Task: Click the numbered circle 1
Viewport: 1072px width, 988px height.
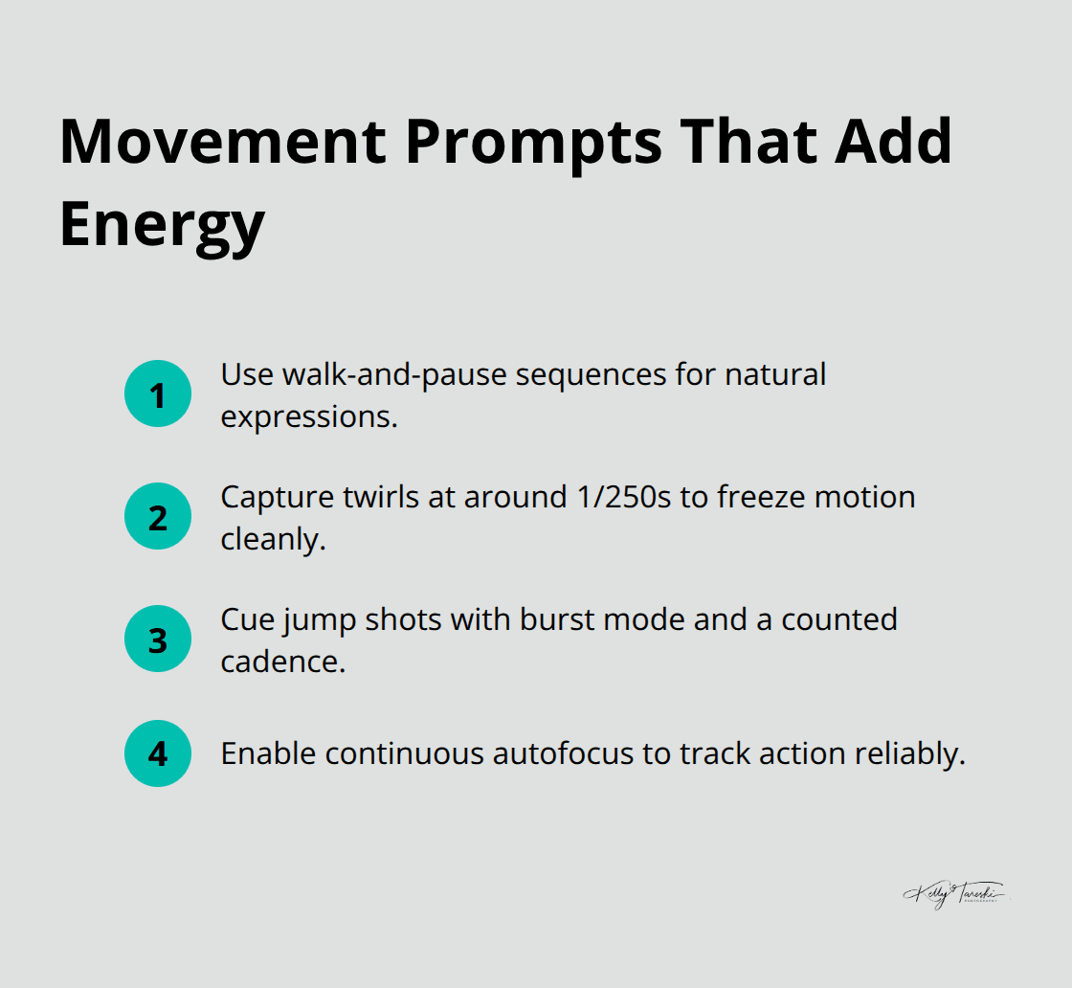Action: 158,393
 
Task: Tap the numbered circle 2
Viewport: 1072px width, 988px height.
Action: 158,516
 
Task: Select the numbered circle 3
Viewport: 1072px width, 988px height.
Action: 158,639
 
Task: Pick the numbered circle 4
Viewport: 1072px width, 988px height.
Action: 158,753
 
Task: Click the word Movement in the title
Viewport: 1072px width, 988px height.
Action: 223,142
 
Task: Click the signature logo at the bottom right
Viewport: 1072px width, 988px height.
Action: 954,894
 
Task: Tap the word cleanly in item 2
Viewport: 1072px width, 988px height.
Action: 273,540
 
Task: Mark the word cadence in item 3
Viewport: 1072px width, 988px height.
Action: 282,662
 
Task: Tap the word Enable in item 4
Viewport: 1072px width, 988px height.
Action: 268,753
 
